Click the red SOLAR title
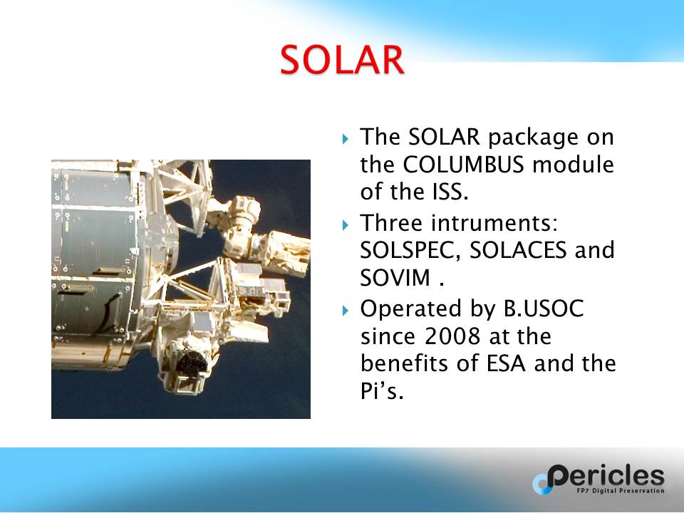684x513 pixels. [x=342, y=59]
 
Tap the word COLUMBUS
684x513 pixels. [x=463, y=165]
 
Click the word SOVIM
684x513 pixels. [x=395, y=277]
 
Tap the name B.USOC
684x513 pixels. [x=544, y=309]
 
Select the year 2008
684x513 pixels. [x=452, y=336]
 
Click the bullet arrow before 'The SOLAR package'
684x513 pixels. [x=346, y=139]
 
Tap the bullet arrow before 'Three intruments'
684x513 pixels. [x=346, y=225]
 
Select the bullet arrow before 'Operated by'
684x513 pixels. [x=346, y=311]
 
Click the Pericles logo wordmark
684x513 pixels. [x=606, y=475]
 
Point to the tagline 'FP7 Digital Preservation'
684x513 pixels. [x=621, y=491]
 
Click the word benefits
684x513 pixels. [x=405, y=363]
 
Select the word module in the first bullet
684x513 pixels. [x=573, y=165]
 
